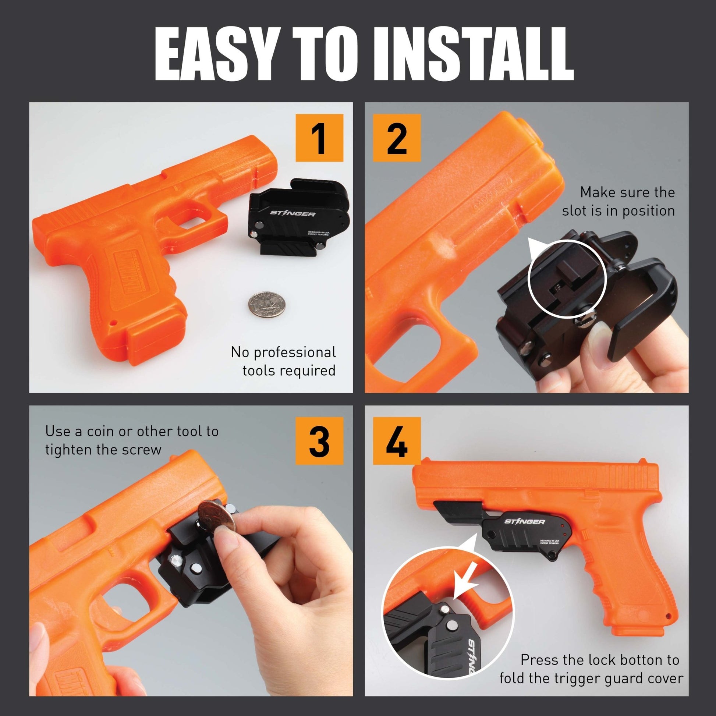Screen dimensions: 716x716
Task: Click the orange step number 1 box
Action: pyautogui.click(x=319, y=138)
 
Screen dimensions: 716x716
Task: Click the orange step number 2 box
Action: pyautogui.click(x=397, y=138)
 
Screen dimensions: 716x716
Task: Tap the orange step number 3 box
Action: pyautogui.click(x=319, y=441)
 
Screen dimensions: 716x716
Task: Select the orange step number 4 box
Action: pyautogui.click(x=397, y=441)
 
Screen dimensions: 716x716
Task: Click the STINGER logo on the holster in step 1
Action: pyautogui.click(x=293, y=214)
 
